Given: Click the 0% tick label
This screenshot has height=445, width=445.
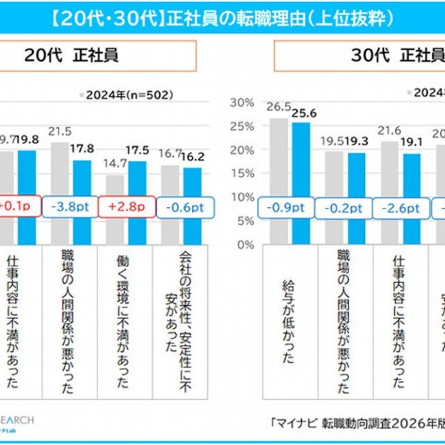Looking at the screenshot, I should (245, 245).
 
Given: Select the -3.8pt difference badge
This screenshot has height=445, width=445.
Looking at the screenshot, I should (72, 207).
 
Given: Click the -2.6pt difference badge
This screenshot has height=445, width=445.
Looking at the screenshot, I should (398, 207).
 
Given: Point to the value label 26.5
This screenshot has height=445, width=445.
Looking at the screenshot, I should (278, 107).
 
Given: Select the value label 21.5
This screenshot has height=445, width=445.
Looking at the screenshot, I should (59, 130).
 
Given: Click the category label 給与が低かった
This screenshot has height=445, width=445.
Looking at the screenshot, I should (290, 320).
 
